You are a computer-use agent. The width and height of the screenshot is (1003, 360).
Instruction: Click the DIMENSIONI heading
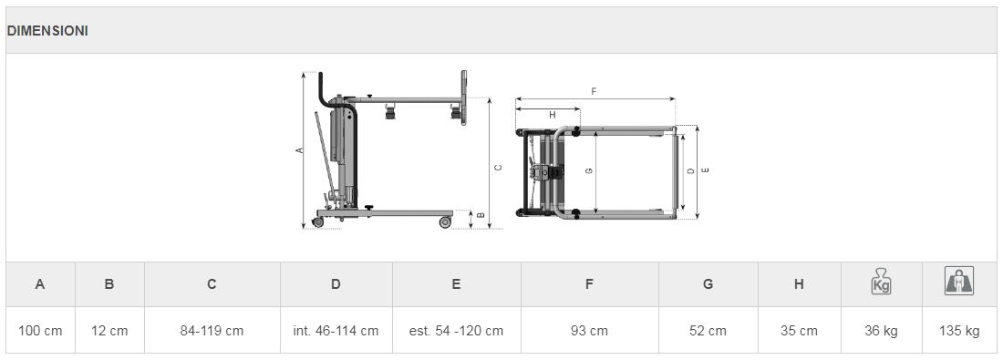pos(47,31)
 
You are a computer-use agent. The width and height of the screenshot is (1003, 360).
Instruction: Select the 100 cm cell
pos(40,331)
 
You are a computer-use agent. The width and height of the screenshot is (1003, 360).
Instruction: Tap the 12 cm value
pos(109,331)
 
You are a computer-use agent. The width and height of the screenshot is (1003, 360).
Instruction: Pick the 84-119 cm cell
pos(212,331)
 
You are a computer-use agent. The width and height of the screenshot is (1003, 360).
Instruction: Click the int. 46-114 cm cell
pos(336,331)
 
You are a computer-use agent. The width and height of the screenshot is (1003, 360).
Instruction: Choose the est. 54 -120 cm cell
pos(456,331)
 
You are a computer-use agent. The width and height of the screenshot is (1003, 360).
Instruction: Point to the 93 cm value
pos(589,331)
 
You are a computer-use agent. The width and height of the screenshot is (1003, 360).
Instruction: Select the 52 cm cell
pos(708,331)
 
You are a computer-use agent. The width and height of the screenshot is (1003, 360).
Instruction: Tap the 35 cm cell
pos(799,331)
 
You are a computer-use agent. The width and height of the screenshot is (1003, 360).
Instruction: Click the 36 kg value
pos(881,331)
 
